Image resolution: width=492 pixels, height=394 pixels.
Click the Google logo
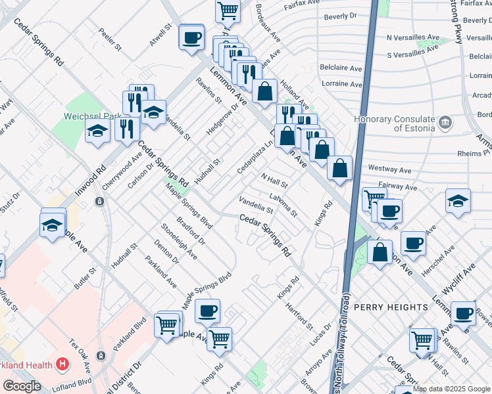[22, 386]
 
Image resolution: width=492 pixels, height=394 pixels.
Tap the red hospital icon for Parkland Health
[62, 362]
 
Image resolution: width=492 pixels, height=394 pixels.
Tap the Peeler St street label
[110, 39]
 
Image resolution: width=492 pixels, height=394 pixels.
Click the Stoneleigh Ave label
[179, 241]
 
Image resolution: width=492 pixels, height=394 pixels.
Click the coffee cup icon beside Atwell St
[191, 37]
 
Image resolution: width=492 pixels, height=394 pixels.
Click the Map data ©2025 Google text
[451, 389]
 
